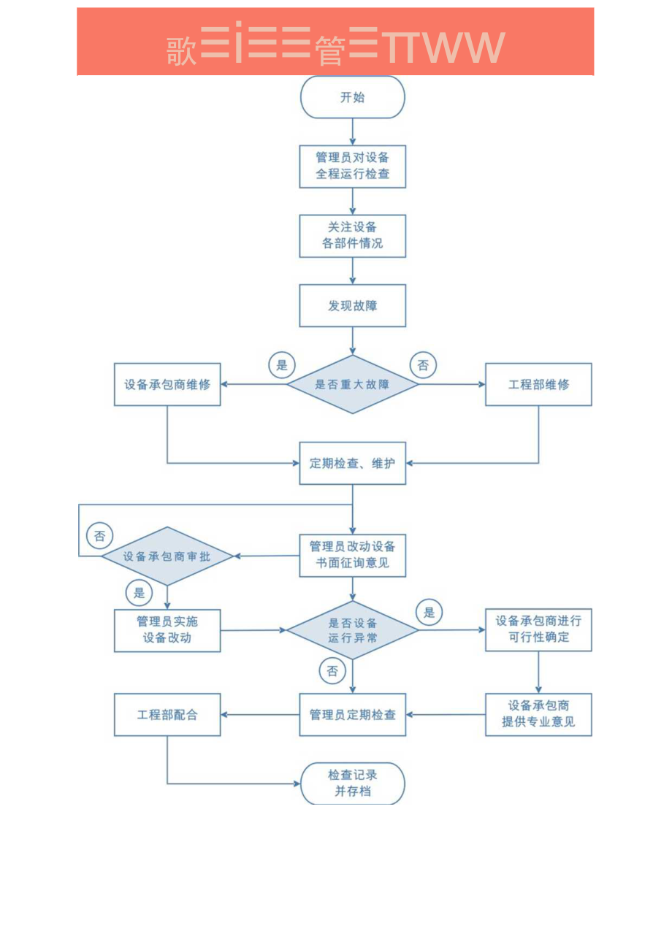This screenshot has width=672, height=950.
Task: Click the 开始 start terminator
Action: point(352,97)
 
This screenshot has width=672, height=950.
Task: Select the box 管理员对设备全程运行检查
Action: point(352,166)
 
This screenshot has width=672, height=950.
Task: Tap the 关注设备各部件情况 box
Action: point(352,236)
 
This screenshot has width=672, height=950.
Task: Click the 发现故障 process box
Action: point(352,306)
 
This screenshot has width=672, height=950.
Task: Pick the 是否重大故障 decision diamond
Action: point(352,384)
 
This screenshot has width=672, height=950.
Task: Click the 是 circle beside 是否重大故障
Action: point(282,365)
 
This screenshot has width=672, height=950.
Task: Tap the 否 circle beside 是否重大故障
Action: point(423,365)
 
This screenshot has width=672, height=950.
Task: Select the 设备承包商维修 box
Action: point(167,384)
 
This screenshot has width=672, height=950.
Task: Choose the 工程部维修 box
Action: point(538,384)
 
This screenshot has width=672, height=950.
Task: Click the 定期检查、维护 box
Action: point(352,463)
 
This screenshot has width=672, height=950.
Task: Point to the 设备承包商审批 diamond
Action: point(167,556)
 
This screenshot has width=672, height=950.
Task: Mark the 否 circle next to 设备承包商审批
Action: point(100,536)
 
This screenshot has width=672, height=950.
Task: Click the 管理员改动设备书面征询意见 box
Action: point(352,556)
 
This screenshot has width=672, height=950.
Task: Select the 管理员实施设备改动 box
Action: point(167,630)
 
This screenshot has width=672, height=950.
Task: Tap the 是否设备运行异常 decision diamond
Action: point(352,630)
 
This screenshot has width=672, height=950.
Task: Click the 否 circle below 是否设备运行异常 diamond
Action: point(332,671)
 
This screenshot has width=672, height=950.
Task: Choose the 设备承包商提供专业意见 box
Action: point(538,714)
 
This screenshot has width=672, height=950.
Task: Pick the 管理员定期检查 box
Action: point(352,714)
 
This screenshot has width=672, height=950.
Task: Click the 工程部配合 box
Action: point(167,714)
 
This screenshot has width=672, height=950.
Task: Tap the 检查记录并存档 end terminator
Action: point(352,784)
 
